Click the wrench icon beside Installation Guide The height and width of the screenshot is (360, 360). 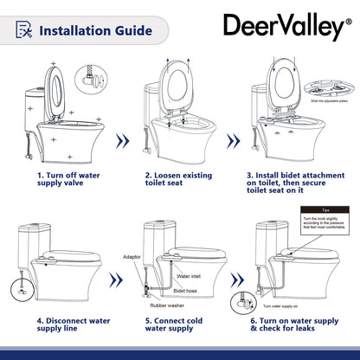(29, 30)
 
